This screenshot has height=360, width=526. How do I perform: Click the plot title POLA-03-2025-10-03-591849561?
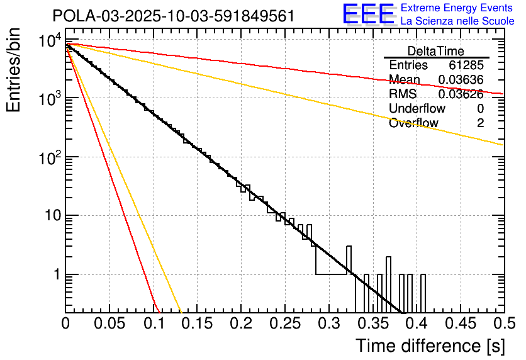click(174, 16)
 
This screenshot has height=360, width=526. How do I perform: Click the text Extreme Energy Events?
click(457, 8)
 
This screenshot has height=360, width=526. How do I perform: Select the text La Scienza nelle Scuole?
click(457, 21)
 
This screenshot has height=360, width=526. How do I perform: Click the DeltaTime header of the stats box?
click(436, 51)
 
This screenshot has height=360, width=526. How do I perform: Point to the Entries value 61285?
click(466, 65)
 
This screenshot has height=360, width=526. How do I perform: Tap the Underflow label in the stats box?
click(417, 109)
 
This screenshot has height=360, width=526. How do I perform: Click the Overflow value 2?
click(480, 123)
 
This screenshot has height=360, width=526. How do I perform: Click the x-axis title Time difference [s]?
click(430, 346)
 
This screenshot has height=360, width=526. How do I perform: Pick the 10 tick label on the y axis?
click(50, 217)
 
